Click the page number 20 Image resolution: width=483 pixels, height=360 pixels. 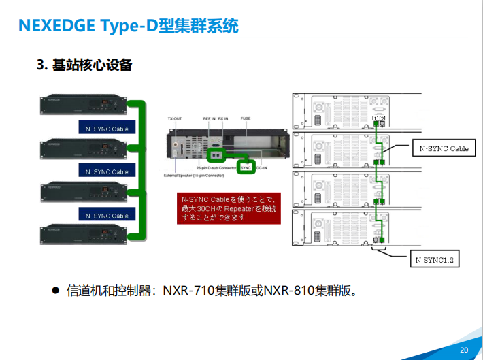coord(464,350)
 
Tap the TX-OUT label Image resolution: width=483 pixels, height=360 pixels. coord(175,118)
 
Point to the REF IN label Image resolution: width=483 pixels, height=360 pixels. coord(209,118)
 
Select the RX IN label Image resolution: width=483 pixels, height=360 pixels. coord(223,118)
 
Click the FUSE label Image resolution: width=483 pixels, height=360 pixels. coord(245,118)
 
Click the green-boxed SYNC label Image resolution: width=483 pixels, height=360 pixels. coord(246,167)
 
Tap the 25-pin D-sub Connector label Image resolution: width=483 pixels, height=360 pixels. coord(215,167)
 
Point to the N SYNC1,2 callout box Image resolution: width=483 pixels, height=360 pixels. coord(434,259)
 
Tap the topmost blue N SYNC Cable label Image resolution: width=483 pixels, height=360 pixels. coord(107,129)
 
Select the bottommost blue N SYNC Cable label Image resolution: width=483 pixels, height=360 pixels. coord(107,216)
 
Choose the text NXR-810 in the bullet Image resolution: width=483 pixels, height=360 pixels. coord(289,291)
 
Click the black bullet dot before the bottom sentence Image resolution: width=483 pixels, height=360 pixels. coord(56,291)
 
